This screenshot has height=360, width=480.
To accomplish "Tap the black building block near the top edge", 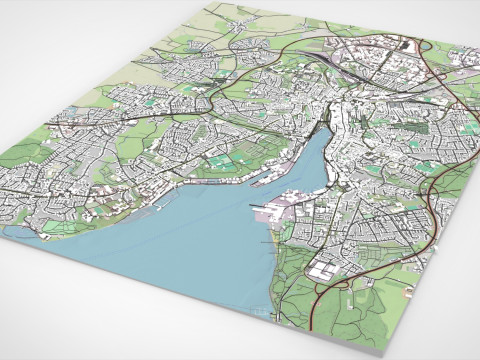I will pos(405,45).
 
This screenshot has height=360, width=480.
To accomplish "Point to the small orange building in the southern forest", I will pos(409,292).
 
